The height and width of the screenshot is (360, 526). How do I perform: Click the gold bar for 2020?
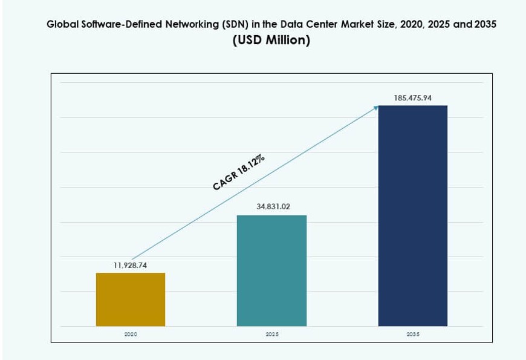[x=131, y=299]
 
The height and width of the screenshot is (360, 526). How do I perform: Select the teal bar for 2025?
[x=271, y=270]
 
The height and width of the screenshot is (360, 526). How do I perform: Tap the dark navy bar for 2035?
[x=413, y=216]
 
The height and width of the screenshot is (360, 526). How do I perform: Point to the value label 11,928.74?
[x=131, y=265]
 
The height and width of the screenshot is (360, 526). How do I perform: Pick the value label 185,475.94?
[x=413, y=97]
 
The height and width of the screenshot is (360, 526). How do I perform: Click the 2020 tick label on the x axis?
[x=131, y=334]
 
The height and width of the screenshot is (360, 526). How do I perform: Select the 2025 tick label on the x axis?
[x=271, y=334]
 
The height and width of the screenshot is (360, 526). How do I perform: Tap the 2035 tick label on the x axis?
[x=413, y=334]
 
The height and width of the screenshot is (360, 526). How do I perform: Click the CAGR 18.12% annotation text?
[x=239, y=173]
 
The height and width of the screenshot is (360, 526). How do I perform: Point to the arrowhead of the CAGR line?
[x=375, y=108]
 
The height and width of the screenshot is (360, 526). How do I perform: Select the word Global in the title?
[x=61, y=25]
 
